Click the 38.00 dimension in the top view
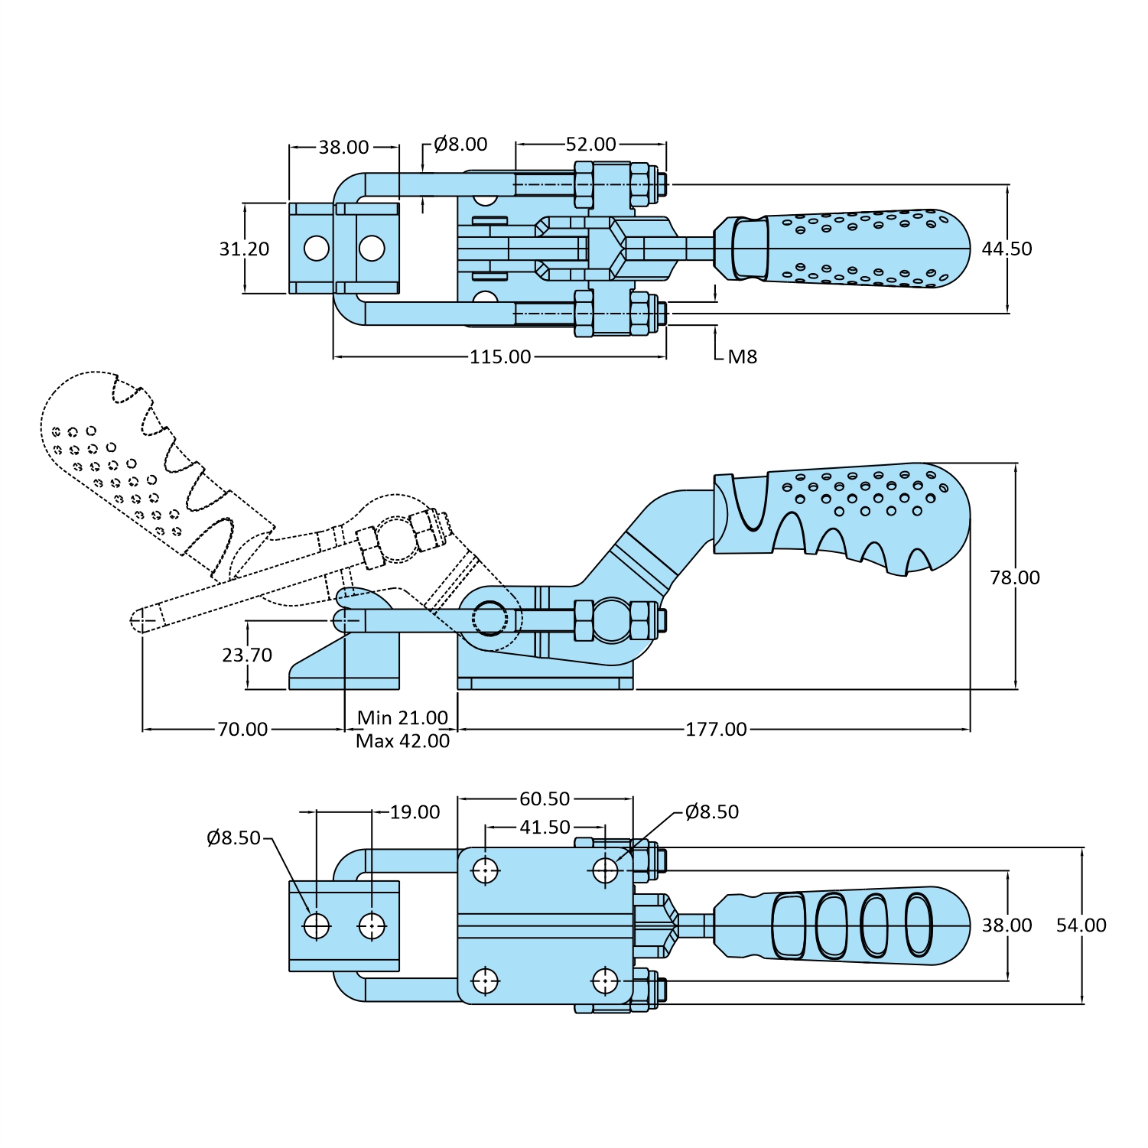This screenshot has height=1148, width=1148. [x=343, y=147]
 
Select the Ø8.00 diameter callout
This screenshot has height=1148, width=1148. [x=460, y=144]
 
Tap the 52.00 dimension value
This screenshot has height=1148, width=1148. [x=590, y=144]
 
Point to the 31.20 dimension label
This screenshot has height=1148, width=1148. [x=244, y=249]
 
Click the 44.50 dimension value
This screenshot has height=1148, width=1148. [x=1007, y=249]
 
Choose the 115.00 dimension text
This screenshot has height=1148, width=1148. [x=500, y=356]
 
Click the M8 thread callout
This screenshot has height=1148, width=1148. [x=742, y=356]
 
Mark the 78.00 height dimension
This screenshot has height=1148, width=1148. [x=1014, y=577]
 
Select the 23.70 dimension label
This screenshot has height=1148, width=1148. [x=247, y=655]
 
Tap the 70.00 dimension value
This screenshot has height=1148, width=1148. [x=242, y=729]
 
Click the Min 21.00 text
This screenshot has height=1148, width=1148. [x=402, y=717]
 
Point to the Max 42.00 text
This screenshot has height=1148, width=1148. [x=402, y=741]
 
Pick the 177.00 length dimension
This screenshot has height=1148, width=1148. [x=716, y=729]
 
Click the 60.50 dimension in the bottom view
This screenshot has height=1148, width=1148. [x=545, y=798]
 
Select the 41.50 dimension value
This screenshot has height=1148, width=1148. [x=545, y=827]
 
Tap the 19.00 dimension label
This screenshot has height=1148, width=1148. [x=415, y=812]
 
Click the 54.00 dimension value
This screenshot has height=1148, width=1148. [x=1081, y=925]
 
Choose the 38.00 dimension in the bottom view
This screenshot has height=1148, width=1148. [x=1007, y=925]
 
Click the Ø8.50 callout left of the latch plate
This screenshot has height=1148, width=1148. [x=233, y=837]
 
